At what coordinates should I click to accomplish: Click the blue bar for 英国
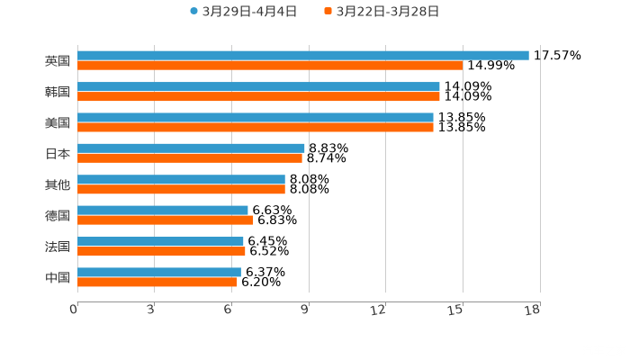(303, 55)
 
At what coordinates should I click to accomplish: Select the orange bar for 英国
(270, 66)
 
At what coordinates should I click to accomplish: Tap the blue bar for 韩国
(258, 86)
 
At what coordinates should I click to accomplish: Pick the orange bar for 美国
(256, 127)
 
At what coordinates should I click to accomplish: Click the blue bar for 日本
(191, 148)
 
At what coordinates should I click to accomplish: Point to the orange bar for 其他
(181, 189)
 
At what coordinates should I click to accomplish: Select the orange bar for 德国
(166, 220)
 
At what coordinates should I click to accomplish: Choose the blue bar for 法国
(160, 241)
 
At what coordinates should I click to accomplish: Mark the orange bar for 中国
(157, 282)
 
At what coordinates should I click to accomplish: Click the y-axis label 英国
(58, 61)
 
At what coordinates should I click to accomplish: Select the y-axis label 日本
(58, 153)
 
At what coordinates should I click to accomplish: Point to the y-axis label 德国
(58, 215)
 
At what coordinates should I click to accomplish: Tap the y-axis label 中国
(58, 277)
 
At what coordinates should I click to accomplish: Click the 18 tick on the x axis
(532, 310)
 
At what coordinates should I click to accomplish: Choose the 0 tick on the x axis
(75, 310)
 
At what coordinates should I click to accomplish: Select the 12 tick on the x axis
(379, 310)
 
